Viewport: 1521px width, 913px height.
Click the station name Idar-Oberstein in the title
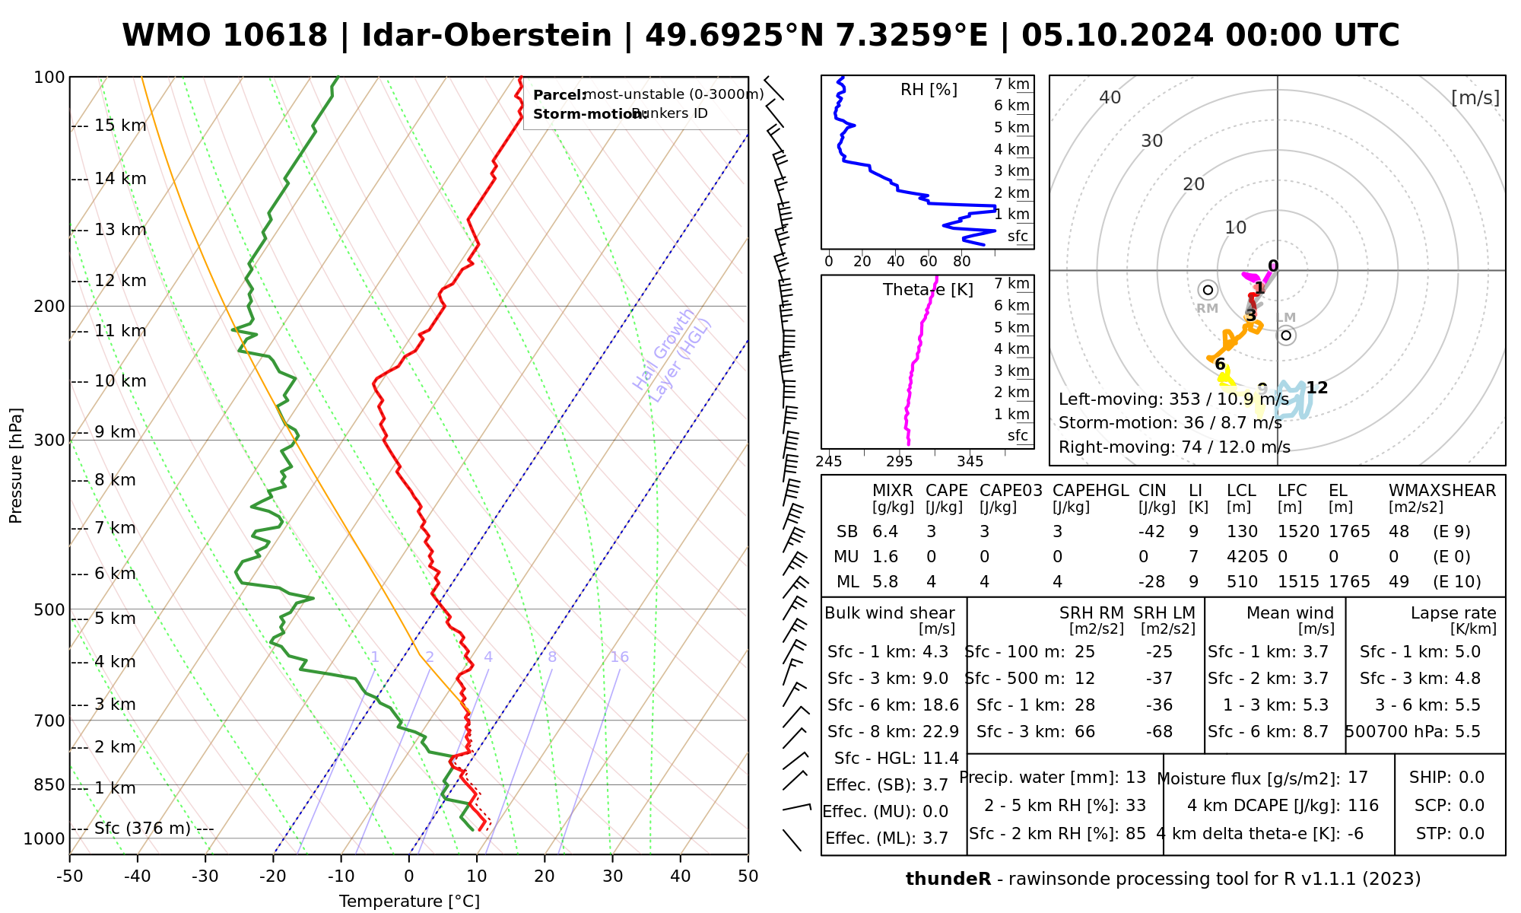pos(486,36)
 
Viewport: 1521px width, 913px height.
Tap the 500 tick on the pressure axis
pos(51,609)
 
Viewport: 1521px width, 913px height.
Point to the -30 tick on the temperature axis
pos(205,876)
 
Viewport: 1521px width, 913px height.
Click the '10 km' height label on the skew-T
pos(120,381)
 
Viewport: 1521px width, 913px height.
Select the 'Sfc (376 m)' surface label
pos(142,829)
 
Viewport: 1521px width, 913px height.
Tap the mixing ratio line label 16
pos(619,657)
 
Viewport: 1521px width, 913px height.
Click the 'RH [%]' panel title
pos(929,90)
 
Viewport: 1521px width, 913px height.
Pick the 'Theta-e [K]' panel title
pos(928,290)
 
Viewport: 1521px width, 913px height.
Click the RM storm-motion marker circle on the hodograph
pos(1208,290)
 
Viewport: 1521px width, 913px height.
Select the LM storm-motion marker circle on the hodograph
pos(1286,336)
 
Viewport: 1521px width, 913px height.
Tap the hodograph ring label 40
pos(1110,97)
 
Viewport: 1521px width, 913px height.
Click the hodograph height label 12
pos(1316,388)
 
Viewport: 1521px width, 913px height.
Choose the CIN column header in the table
pos(1152,491)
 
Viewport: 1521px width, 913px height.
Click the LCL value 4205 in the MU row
pos(1247,557)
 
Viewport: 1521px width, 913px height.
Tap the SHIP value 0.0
pos(1471,778)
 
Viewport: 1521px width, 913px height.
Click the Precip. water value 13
pos(1135,778)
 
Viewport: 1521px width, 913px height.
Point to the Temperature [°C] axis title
pos(409,902)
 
